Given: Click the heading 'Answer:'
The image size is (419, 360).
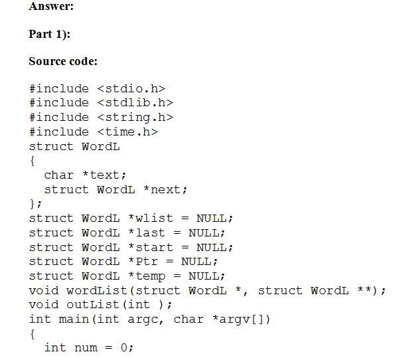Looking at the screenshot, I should coord(51,7).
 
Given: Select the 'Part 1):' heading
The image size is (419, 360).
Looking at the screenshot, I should coord(49,34).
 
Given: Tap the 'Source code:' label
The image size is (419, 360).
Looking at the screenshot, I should coord(63,61).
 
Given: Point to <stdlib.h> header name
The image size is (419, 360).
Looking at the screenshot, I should coord(135,102).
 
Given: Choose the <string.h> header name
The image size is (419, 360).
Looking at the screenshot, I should coord(135,117).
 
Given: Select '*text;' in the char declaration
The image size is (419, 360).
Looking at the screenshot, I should coord(104,175).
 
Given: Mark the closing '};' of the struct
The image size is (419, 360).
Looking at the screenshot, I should coord(36,203).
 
